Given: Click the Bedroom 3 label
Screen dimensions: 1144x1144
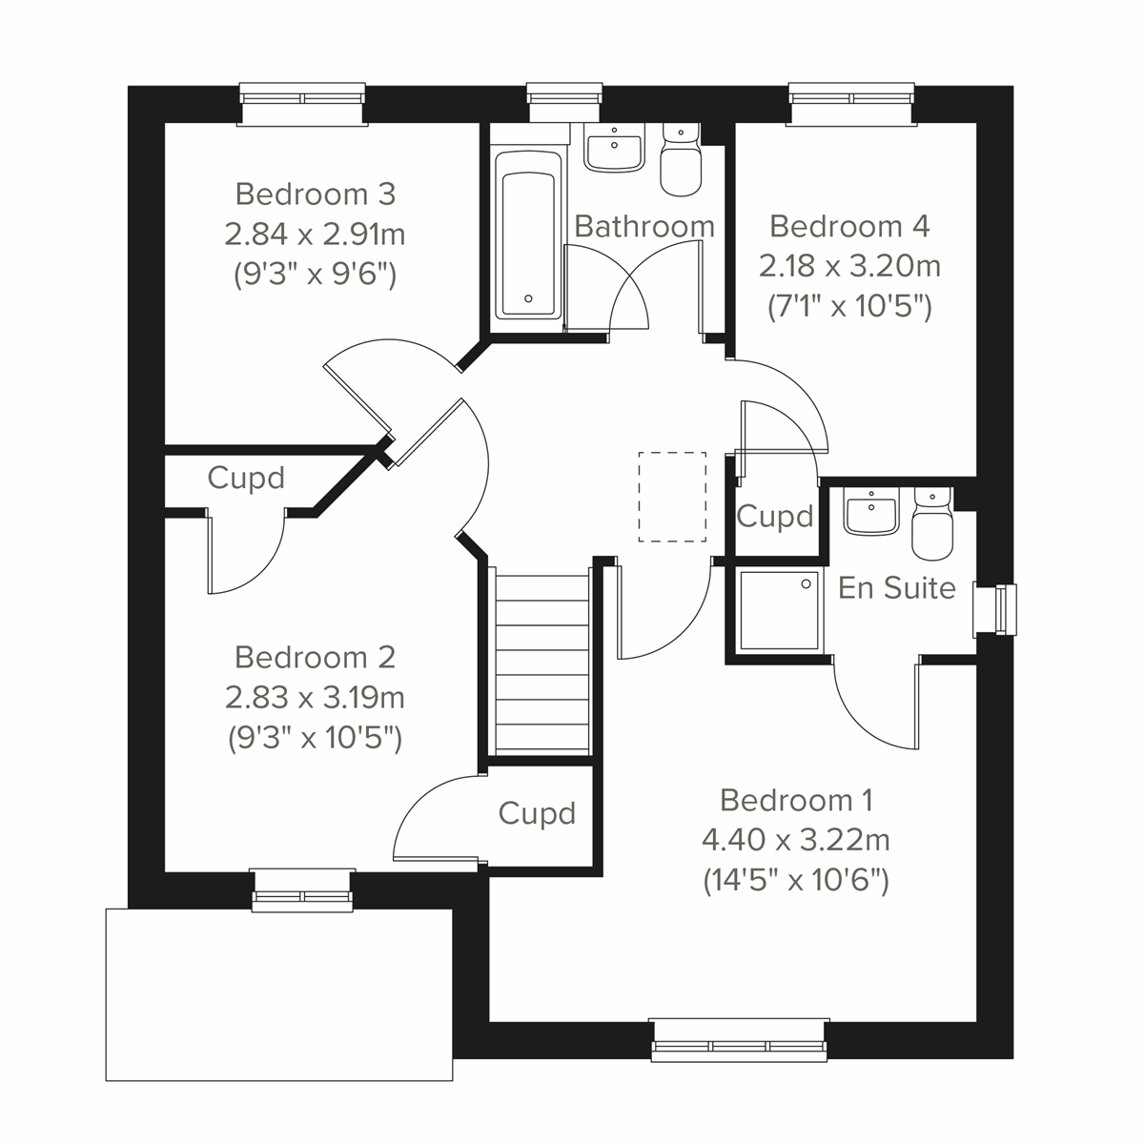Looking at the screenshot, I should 315,194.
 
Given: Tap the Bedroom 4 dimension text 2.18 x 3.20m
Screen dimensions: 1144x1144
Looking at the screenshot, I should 849,266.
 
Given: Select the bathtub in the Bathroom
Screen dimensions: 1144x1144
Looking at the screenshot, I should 528,244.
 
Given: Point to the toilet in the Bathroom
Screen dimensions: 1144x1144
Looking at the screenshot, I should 681,164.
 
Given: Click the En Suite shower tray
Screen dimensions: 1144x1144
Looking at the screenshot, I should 779,611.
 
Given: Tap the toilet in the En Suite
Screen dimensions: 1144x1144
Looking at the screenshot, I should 931,526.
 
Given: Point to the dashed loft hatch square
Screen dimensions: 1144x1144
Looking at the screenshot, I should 672,497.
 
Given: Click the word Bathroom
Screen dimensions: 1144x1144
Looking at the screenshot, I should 644,227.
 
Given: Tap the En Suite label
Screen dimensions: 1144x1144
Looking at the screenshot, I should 896,588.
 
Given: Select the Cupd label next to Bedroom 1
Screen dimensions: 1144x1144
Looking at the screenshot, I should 537,813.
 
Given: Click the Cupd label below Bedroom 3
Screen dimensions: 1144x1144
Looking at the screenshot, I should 246,478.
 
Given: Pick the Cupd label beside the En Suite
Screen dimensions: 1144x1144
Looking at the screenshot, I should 775,517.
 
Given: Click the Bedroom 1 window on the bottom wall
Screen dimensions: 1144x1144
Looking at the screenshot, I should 739,1040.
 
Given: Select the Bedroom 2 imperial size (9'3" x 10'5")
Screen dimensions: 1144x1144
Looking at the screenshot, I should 315,739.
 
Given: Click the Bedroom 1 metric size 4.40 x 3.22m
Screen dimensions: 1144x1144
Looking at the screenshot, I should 795,840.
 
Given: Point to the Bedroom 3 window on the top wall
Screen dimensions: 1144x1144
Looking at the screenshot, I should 302,103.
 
